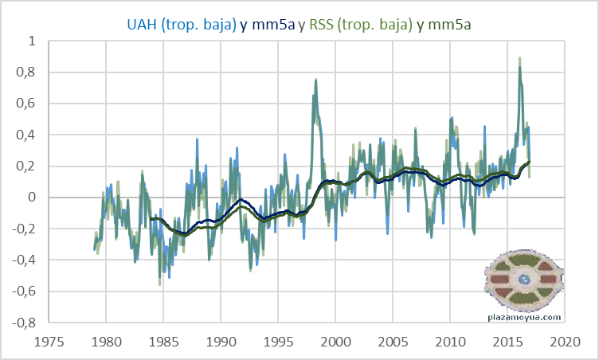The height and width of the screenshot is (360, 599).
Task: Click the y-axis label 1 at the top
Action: (x=31, y=41)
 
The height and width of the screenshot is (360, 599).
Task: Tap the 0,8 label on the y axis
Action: (x=26, y=72)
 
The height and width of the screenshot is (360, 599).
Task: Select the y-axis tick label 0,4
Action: (x=26, y=135)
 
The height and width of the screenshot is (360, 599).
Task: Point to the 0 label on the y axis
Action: (x=31, y=198)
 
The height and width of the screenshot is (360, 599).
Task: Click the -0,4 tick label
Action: (x=25, y=260)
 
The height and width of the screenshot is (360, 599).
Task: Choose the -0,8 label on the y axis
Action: (x=25, y=323)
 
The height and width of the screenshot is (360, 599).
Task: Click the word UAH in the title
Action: (x=142, y=25)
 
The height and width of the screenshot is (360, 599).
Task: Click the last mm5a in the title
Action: (x=448, y=25)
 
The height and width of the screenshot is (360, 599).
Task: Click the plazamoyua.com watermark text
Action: (x=524, y=316)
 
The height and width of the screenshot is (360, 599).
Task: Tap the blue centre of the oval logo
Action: (x=524, y=281)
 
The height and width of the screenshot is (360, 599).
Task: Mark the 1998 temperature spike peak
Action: (x=316, y=80)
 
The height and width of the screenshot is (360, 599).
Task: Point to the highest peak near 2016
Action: (x=520, y=58)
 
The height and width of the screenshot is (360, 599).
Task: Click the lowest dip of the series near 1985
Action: (x=160, y=284)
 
